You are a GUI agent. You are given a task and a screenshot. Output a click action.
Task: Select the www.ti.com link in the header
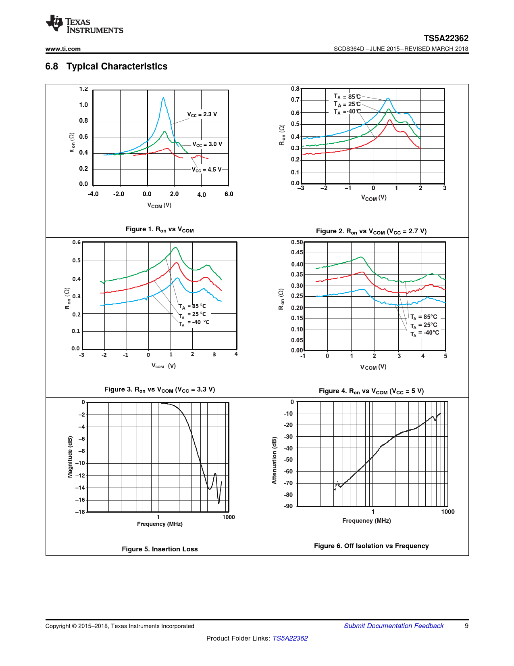(x=63, y=49)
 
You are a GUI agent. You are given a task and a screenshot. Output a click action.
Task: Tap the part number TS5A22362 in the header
(x=446, y=38)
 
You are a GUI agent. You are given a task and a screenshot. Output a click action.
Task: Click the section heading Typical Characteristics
(x=117, y=66)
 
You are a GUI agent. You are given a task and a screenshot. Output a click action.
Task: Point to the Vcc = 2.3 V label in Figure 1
(x=202, y=114)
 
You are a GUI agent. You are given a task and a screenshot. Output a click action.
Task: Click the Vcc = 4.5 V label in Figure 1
(x=206, y=170)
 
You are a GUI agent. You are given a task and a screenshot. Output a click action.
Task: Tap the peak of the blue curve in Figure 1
(x=163, y=97)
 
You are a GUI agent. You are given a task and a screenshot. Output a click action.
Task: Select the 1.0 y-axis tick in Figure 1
(x=83, y=105)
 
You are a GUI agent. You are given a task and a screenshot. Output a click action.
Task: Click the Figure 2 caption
(x=371, y=231)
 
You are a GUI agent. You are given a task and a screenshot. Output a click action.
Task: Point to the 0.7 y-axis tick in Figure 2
(x=295, y=100)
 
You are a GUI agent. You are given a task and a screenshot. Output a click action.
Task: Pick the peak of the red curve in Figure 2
(x=389, y=120)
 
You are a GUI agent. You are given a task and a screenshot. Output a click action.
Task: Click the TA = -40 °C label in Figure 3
(x=194, y=323)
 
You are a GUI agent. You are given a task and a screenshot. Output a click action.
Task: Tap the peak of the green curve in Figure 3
(x=175, y=247)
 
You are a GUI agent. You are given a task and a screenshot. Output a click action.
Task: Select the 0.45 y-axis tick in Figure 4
(x=297, y=252)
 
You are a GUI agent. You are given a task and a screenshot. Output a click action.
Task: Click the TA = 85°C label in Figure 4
(x=424, y=317)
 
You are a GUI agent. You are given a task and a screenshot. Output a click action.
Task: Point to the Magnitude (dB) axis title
(x=70, y=457)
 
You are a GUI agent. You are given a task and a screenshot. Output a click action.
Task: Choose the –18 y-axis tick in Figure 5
(x=80, y=512)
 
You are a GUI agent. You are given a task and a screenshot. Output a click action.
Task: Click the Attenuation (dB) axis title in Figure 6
(x=275, y=460)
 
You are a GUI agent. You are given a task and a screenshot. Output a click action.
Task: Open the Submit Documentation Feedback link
(x=393, y=626)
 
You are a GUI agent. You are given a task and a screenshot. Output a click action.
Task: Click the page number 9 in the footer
(x=466, y=626)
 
